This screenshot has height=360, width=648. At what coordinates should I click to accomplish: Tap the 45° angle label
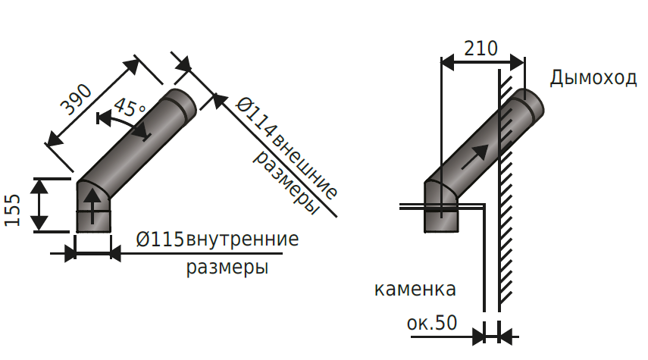click(127, 108)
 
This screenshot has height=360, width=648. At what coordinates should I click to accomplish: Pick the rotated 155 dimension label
click(13, 210)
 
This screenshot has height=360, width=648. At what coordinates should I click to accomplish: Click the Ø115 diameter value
click(161, 240)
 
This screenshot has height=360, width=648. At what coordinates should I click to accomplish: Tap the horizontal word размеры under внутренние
click(228, 268)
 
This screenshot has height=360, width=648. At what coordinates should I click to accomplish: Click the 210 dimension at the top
click(481, 49)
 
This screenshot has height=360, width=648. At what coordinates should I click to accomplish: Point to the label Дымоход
click(593, 78)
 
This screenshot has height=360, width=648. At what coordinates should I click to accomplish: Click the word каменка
click(415, 290)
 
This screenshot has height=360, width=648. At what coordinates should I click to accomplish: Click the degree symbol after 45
click(142, 111)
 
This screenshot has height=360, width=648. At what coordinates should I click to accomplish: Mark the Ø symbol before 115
click(142, 240)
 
